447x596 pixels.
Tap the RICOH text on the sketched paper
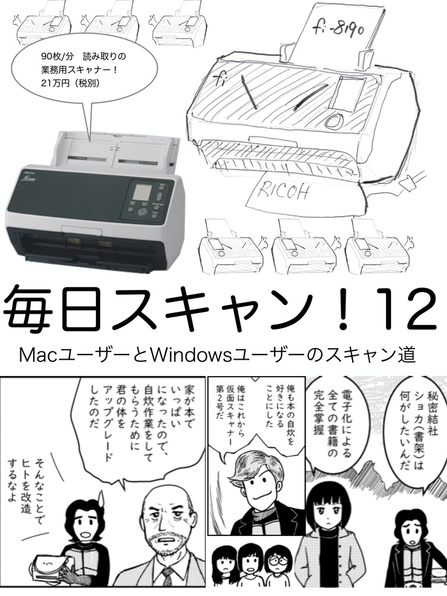283,191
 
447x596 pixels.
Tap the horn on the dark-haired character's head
101,496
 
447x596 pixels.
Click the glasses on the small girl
275,560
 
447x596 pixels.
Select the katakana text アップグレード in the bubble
108,423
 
